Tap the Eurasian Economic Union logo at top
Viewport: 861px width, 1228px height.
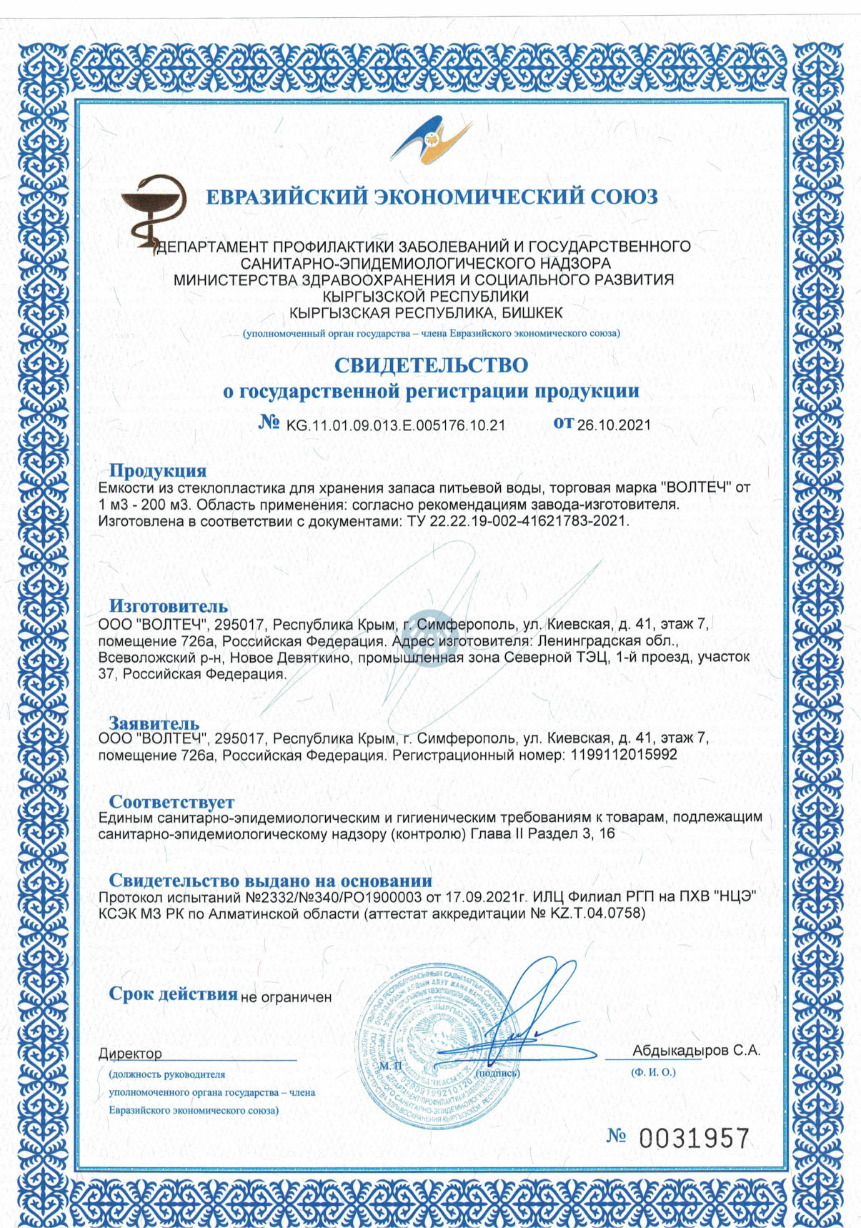(432, 140)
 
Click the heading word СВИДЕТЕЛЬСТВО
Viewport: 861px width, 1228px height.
(431, 365)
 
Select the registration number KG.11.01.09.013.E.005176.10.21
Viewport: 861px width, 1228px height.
(396, 425)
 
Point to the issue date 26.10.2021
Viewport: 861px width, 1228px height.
(614, 425)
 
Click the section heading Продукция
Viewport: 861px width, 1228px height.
(157, 470)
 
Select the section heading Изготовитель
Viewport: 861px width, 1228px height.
(168, 607)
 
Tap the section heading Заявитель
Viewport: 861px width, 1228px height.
(154, 723)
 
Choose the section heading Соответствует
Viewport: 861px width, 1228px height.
(171, 801)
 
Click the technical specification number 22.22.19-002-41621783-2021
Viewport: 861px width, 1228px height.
(528, 521)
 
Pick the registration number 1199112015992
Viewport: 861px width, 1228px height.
(624, 755)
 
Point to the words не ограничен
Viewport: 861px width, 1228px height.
(286, 997)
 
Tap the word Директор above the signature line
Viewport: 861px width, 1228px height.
(130, 1054)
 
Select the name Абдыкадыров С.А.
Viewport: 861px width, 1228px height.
(696, 1050)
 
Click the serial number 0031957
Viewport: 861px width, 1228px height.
(694, 1137)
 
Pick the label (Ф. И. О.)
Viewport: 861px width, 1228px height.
(653, 1072)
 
